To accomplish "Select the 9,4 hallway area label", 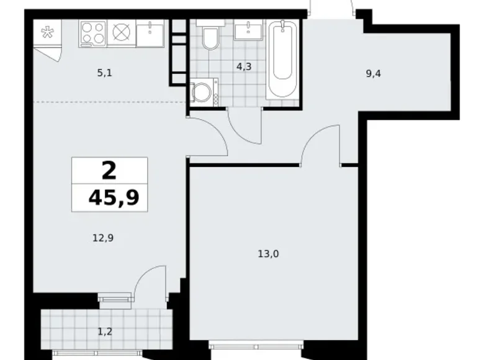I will [373, 73].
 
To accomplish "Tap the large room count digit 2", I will [109, 171].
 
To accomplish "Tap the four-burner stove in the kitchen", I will [92, 32].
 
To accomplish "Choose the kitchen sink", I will [150, 34].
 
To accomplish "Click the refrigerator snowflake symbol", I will [46, 33].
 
